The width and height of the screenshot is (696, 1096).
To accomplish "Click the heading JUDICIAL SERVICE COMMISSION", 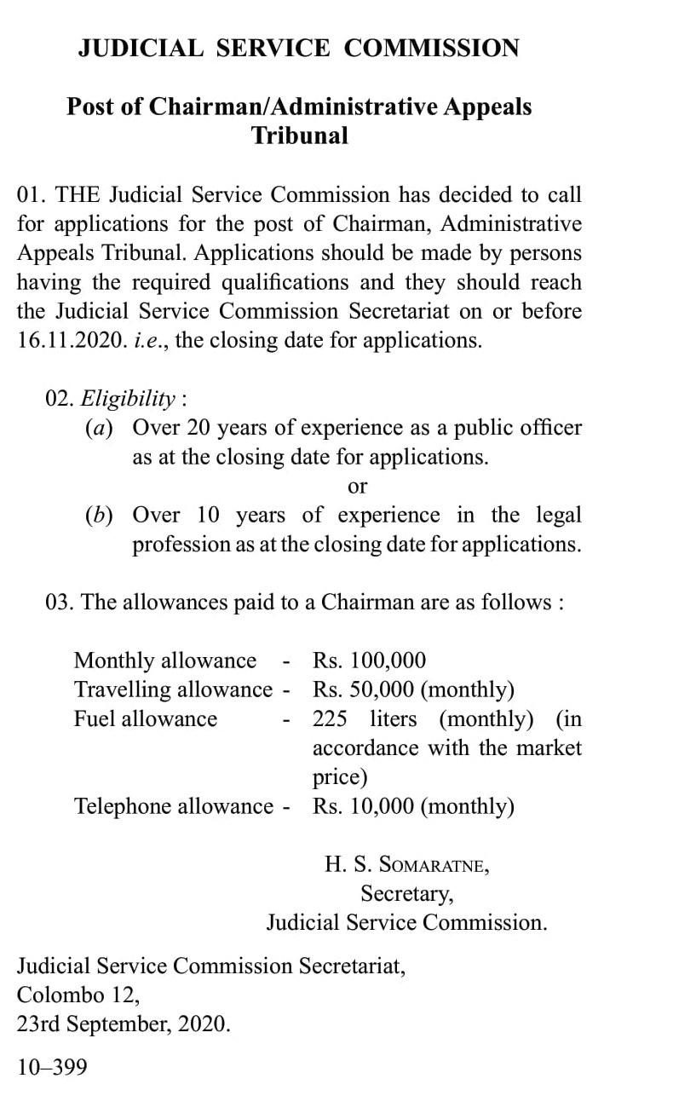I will (x=298, y=48).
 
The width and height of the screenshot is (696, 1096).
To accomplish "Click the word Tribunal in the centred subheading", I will (x=299, y=136).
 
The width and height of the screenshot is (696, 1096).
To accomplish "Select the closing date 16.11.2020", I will (x=70, y=341).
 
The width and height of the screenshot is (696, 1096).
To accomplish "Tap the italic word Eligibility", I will (x=128, y=398).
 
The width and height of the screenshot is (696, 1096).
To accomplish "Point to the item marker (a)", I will (x=98, y=428).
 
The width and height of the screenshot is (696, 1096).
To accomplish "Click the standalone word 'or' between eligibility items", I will (x=358, y=487).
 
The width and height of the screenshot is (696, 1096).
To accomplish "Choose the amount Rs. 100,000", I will (x=369, y=660).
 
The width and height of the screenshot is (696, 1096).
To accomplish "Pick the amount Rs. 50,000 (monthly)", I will (x=413, y=689).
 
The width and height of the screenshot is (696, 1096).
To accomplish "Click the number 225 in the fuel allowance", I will (x=330, y=718).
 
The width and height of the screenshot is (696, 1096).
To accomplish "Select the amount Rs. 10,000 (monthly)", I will (x=413, y=806).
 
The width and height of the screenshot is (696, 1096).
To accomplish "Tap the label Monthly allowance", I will (x=164, y=660).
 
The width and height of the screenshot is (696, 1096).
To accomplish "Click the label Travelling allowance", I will (x=173, y=689).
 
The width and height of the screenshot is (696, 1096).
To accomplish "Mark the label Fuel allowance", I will (x=145, y=718).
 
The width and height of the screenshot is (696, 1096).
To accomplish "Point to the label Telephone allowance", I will (x=174, y=806).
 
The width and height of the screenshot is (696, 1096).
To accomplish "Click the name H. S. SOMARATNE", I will (x=406, y=865).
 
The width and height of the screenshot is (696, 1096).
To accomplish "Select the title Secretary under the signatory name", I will (x=406, y=894).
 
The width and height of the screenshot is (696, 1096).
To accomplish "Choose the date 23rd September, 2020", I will (x=124, y=1024).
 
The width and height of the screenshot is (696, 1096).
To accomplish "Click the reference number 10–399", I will (x=52, y=1067).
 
